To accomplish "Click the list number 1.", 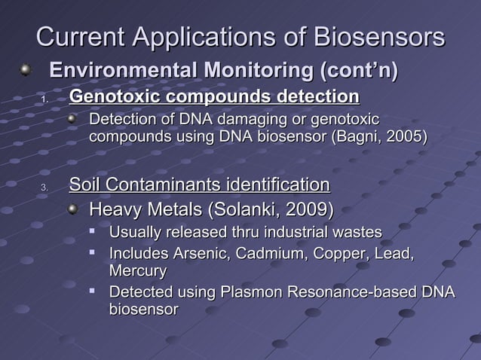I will point(44,100).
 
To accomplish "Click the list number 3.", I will point(44,188).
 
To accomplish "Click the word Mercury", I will point(138,270).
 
